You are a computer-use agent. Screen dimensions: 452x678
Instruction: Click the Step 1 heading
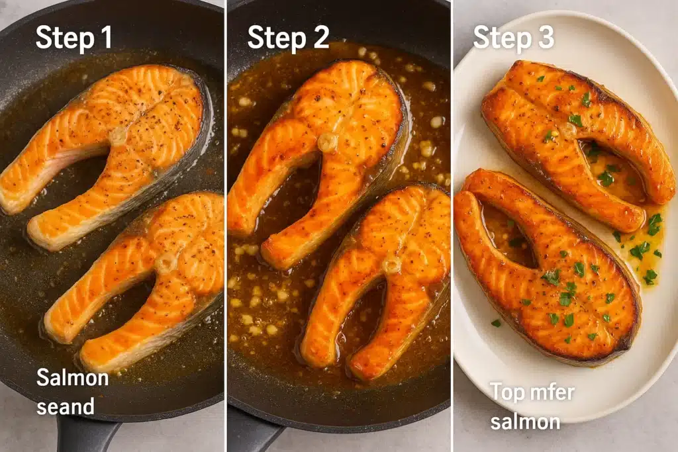point(74,37)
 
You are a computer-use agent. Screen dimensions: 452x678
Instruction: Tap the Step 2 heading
point(288,37)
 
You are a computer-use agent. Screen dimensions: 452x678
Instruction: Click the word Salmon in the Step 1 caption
point(72,378)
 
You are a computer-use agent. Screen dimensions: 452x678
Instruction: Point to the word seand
point(66,406)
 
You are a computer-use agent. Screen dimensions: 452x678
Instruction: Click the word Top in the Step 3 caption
point(506,392)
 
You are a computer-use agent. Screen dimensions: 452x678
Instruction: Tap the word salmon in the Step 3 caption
point(525,421)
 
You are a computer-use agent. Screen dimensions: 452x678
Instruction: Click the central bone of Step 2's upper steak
point(327,142)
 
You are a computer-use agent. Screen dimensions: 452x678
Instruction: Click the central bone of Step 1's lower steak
point(166,263)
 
